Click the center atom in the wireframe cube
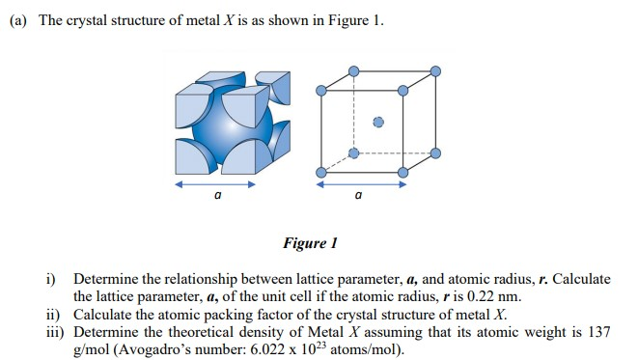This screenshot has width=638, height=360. point(378,123)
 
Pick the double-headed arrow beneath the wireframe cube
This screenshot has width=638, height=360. point(359,181)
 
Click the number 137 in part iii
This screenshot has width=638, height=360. point(599,331)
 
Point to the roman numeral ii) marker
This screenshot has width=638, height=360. point(53,314)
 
